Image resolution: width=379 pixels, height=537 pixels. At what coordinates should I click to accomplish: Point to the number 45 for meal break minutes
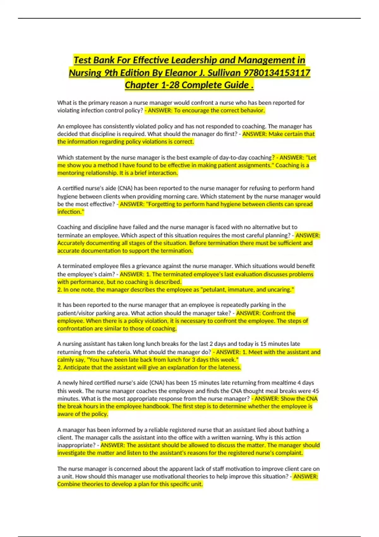pyautogui.click(x=316, y=391)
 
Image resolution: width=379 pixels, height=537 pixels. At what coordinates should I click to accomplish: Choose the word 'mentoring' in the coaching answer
pyautogui.click(x=71, y=173)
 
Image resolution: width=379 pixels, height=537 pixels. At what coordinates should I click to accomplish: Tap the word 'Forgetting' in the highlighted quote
pyautogui.click(x=164, y=204)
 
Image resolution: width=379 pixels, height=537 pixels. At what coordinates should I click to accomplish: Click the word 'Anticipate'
pyautogui.click(x=76, y=367)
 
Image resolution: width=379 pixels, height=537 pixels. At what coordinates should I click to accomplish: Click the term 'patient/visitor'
pyautogui.click(x=75, y=313)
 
